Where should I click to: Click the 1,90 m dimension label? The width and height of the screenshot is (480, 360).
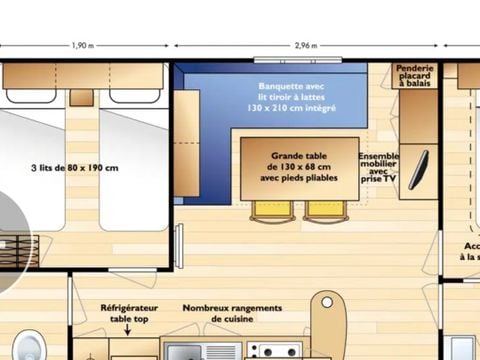pyautogui.click(x=84, y=46)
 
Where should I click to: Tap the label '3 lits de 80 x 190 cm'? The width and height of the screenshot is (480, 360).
pyautogui.click(x=75, y=167)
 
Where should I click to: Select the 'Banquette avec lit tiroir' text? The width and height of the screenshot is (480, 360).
pyautogui.click(x=297, y=96)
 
